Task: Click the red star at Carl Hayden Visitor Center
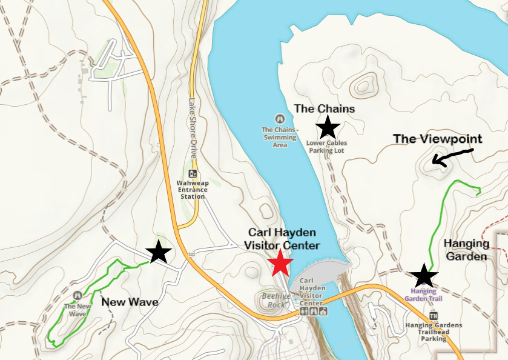click(281, 264)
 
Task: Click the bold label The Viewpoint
click(437, 139)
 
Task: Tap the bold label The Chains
click(325, 108)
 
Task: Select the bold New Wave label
click(130, 301)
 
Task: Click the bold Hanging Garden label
click(467, 250)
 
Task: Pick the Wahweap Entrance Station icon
click(193, 174)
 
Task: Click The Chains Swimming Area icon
click(280, 118)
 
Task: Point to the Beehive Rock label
click(276, 301)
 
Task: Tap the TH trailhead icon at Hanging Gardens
click(434, 316)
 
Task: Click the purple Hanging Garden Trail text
click(423, 295)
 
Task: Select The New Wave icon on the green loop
click(78, 295)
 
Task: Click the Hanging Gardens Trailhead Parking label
click(434, 332)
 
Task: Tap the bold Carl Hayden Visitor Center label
click(282, 239)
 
